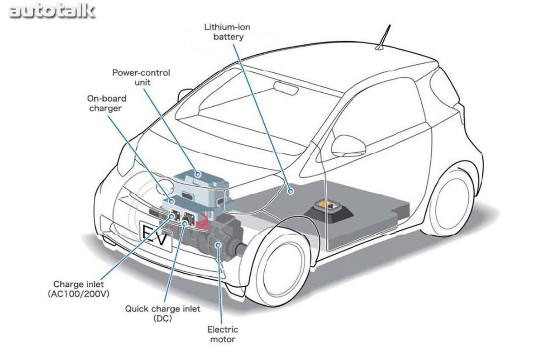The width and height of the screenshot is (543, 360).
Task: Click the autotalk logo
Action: (x=52, y=12)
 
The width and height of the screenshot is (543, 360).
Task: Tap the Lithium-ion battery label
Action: (x=227, y=32)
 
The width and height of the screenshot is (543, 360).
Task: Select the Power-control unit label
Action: (x=141, y=77)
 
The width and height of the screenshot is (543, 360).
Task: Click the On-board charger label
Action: (x=107, y=103)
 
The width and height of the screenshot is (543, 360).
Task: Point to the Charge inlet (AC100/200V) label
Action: (x=79, y=289)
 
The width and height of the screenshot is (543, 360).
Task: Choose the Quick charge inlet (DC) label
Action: (x=162, y=313)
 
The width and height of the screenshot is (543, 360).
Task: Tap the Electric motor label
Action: (x=223, y=334)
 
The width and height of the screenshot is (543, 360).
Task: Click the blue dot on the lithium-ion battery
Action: (x=291, y=191)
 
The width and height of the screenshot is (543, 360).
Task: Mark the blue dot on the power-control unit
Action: (x=198, y=174)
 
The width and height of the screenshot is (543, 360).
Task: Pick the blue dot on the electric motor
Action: (x=218, y=245)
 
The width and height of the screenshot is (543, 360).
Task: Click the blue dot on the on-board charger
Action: (x=171, y=201)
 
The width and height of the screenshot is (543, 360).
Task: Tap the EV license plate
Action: (x=156, y=236)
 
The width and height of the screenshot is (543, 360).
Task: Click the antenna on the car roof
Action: (x=383, y=37)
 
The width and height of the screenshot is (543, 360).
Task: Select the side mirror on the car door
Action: (x=348, y=146)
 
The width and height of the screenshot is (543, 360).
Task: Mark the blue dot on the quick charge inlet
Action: (x=184, y=223)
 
